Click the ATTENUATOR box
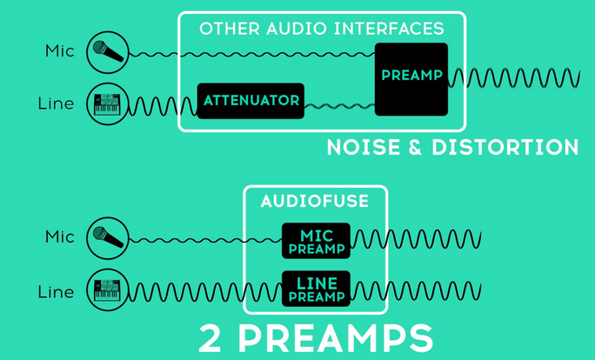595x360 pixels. (251, 101)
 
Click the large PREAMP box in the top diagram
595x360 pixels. (411, 78)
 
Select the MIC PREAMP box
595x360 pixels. (316, 241)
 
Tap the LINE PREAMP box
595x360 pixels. (316, 289)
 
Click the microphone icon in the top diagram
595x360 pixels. (108, 52)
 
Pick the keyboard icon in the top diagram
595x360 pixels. (108, 103)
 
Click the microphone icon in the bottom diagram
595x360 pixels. (108, 237)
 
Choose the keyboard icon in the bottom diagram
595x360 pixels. (108, 291)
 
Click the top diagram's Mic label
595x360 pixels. (59, 51)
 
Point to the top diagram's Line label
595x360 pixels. (57, 104)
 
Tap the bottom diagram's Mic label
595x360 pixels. (59, 237)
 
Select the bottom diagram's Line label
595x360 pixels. (57, 292)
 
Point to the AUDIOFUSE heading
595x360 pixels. (315, 202)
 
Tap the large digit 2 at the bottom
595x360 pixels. (211, 339)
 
